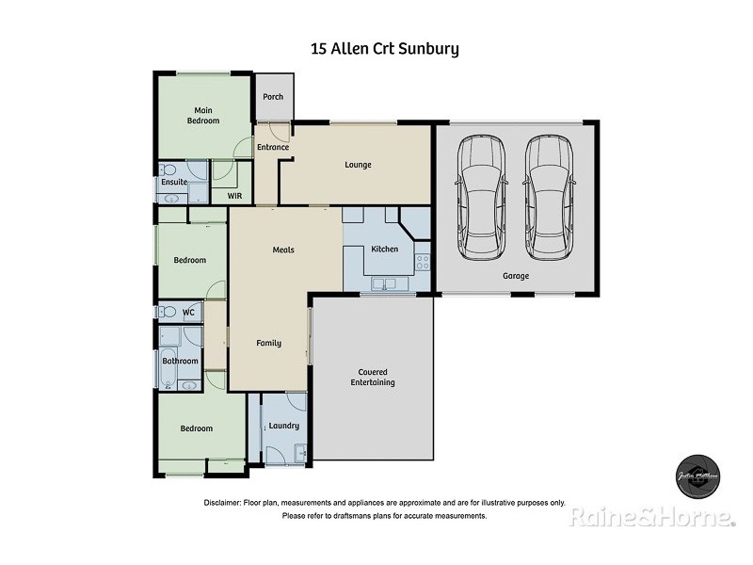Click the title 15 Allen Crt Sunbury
(x=385, y=48)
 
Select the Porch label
(x=273, y=97)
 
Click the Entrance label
(x=273, y=147)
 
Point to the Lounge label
(x=358, y=165)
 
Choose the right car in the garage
(x=548, y=197)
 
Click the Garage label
(x=515, y=276)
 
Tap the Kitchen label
(x=385, y=249)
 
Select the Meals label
(x=283, y=250)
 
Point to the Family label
(x=269, y=343)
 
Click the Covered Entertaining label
(x=373, y=377)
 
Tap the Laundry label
(x=283, y=426)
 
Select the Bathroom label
(x=180, y=361)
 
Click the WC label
(x=188, y=312)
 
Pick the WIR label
(x=235, y=195)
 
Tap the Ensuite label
(x=174, y=182)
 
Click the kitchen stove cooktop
(x=423, y=261)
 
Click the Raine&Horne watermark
(x=651, y=517)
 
